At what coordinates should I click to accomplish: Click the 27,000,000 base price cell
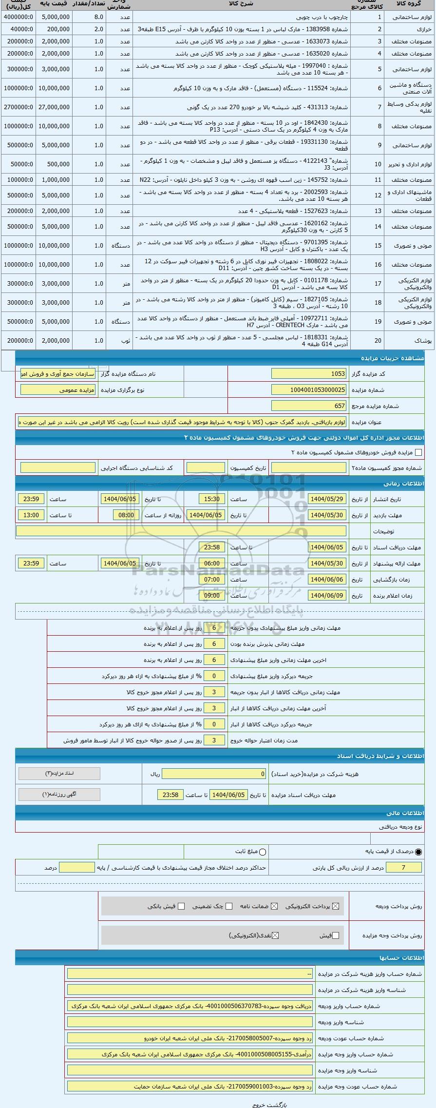(55, 107)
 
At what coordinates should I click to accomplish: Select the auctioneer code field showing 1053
(309, 374)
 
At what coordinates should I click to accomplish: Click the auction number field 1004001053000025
(309, 390)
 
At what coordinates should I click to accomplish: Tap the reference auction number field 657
(309, 406)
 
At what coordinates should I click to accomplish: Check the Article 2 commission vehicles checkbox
(418, 452)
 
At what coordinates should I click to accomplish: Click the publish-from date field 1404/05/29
(327, 499)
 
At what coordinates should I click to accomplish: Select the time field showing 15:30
(212, 499)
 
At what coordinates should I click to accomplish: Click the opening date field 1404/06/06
(327, 580)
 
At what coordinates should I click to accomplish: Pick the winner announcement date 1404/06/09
(327, 596)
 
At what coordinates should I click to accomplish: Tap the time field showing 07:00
(212, 580)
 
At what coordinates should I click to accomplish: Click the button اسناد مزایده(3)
(59, 774)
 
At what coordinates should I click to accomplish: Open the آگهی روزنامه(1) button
(59, 795)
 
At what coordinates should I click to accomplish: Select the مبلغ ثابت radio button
(263, 852)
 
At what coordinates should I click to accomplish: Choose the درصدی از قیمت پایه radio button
(418, 852)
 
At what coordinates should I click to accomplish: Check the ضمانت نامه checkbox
(274, 906)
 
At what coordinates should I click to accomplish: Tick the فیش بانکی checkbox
(181, 906)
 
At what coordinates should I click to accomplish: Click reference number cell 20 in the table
(378, 340)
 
